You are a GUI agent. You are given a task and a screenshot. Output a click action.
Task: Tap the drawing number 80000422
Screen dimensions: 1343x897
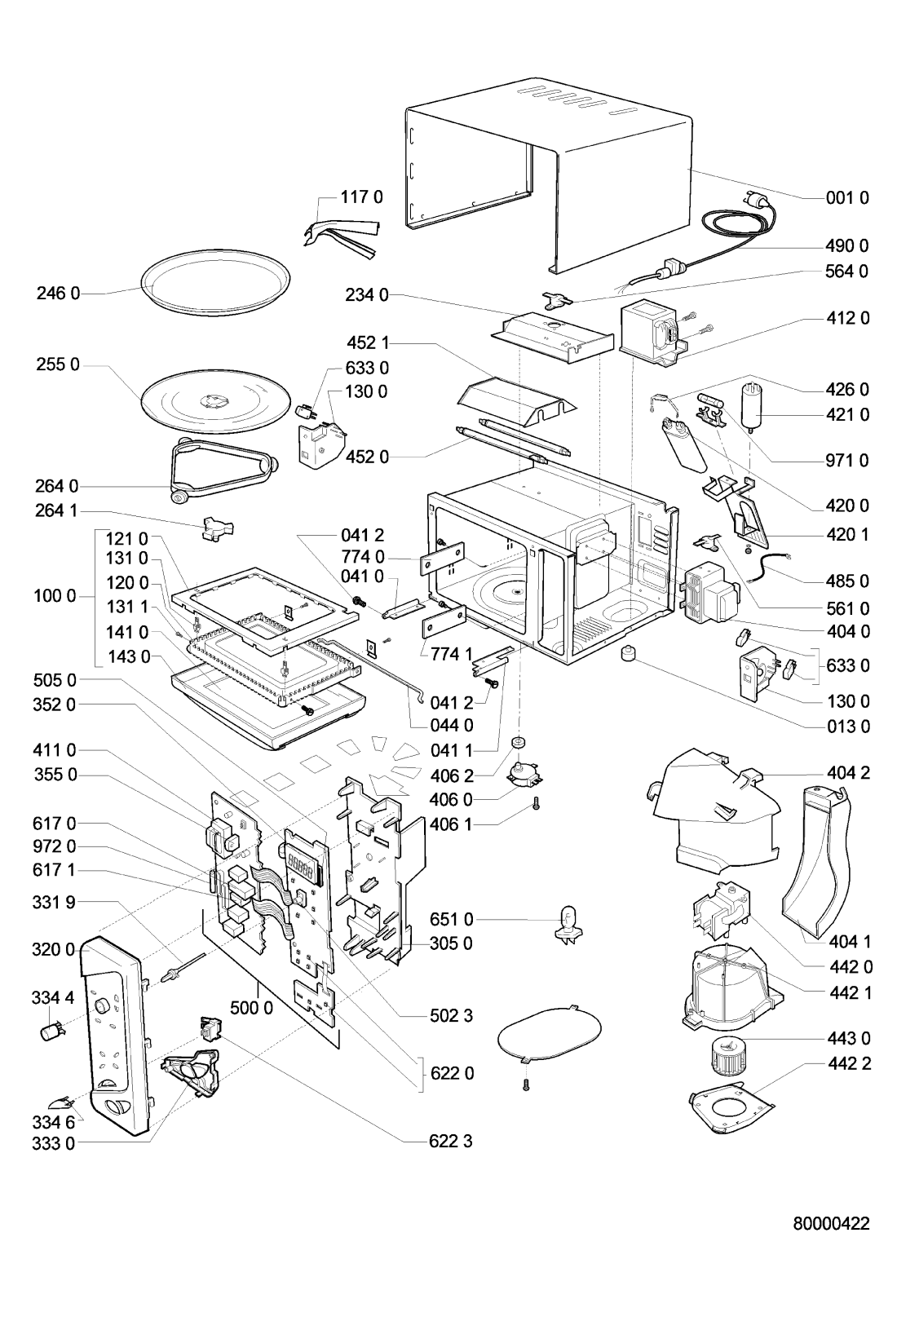coord(830,1224)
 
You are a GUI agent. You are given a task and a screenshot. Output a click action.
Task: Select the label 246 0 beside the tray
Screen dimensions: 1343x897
coord(57,293)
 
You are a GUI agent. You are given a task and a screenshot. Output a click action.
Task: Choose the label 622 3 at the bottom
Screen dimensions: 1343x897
coord(451,1141)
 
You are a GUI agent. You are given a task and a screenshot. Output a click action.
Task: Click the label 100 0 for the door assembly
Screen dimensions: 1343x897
coord(55,596)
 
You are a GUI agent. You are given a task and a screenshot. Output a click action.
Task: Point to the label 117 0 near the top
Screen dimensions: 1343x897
coord(361,197)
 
